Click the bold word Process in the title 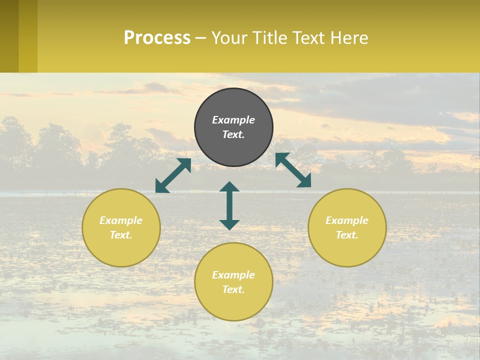coord(157,38)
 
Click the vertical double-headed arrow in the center coord(229,205)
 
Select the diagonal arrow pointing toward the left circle coord(173,175)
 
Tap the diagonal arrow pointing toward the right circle coord(293,170)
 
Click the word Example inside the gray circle coord(233,120)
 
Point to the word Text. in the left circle coord(121,235)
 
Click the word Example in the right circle coord(347,220)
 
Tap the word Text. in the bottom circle coord(233,289)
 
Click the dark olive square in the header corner coord(9,36)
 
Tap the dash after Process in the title coord(200,38)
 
